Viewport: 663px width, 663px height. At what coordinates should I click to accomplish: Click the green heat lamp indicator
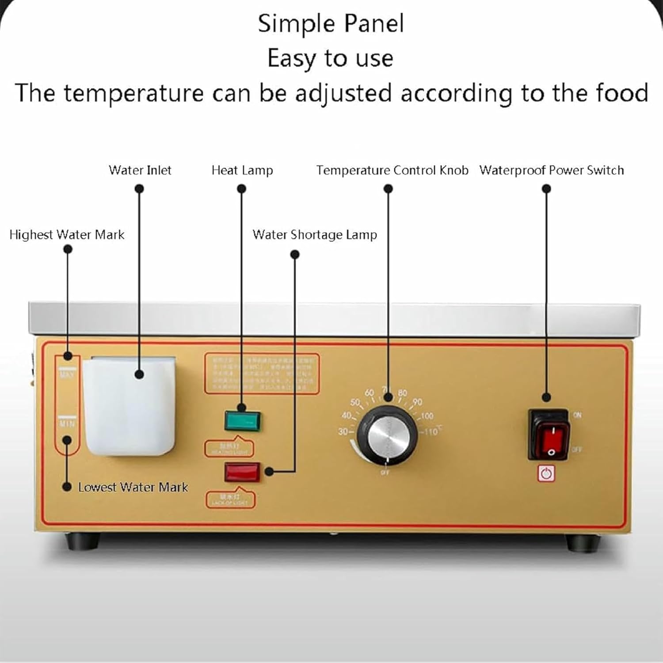pos(242,421)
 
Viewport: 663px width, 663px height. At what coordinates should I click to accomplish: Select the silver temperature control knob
pos(388,435)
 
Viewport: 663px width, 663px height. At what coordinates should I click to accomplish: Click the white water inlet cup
pos(129,406)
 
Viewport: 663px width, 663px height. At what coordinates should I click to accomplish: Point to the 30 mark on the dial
pos(343,431)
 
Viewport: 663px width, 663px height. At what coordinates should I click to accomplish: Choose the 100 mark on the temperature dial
pos(427,416)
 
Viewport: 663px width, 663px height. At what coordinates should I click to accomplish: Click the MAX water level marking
pos(67,374)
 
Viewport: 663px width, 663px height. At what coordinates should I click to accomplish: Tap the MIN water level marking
pos(67,423)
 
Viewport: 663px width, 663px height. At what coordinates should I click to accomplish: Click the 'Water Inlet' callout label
pos(140,170)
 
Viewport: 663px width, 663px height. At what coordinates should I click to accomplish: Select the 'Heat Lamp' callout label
pos(242,170)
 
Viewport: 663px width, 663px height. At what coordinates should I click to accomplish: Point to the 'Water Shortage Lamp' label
pos(315,234)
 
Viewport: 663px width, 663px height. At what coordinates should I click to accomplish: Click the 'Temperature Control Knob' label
pos(392,170)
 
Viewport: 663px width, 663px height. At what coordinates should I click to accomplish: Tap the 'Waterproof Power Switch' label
pos(551,170)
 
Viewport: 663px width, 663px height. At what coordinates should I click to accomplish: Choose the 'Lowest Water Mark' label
pos(133,487)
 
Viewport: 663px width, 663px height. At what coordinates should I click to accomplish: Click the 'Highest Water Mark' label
pos(67,234)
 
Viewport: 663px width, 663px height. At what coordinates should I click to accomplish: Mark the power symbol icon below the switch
pos(547,474)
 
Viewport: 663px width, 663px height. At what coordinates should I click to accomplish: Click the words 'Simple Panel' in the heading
pos(331,23)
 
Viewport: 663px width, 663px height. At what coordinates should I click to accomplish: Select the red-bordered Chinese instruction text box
pos(262,373)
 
